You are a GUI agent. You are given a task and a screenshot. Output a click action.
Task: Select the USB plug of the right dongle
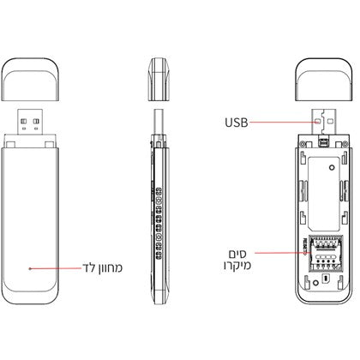pos(325,124)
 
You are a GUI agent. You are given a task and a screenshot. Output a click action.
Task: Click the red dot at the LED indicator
pos(32,268)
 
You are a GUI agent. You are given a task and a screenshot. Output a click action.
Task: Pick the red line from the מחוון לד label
pos(56,268)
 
